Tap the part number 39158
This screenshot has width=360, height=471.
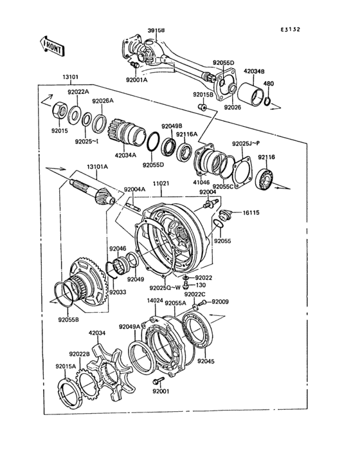tap(156, 30)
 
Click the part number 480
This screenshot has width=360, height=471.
tap(269, 84)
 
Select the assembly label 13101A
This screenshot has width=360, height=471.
tap(98, 166)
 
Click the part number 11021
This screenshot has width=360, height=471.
tap(161, 183)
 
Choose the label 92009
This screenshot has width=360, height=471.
tap(220, 301)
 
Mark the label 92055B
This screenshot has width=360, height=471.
tap(68, 319)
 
